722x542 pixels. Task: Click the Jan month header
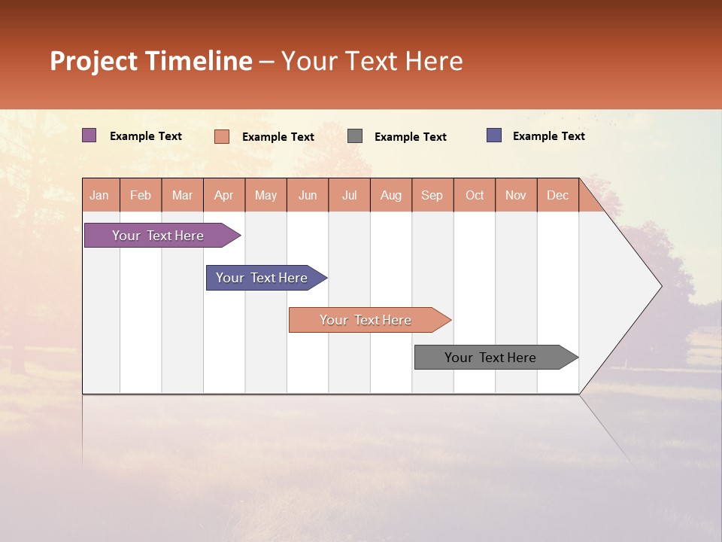coord(100,195)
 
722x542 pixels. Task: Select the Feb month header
coord(141,195)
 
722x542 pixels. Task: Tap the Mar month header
coord(182,195)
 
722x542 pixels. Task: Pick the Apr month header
coord(223,195)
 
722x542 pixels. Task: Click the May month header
coord(265,195)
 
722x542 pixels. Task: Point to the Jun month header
coord(308,195)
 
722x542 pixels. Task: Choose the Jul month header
coord(349,195)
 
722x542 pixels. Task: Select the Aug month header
coord(390,195)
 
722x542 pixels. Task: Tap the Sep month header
coord(432,195)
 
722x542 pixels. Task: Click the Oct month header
coord(475,195)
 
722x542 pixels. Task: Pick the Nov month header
coord(516,195)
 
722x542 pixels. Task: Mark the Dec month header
coord(557,195)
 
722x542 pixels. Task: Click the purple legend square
coord(89,135)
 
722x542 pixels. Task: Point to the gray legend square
coord(355,135)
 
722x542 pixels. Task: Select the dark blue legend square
coord(494,135)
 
